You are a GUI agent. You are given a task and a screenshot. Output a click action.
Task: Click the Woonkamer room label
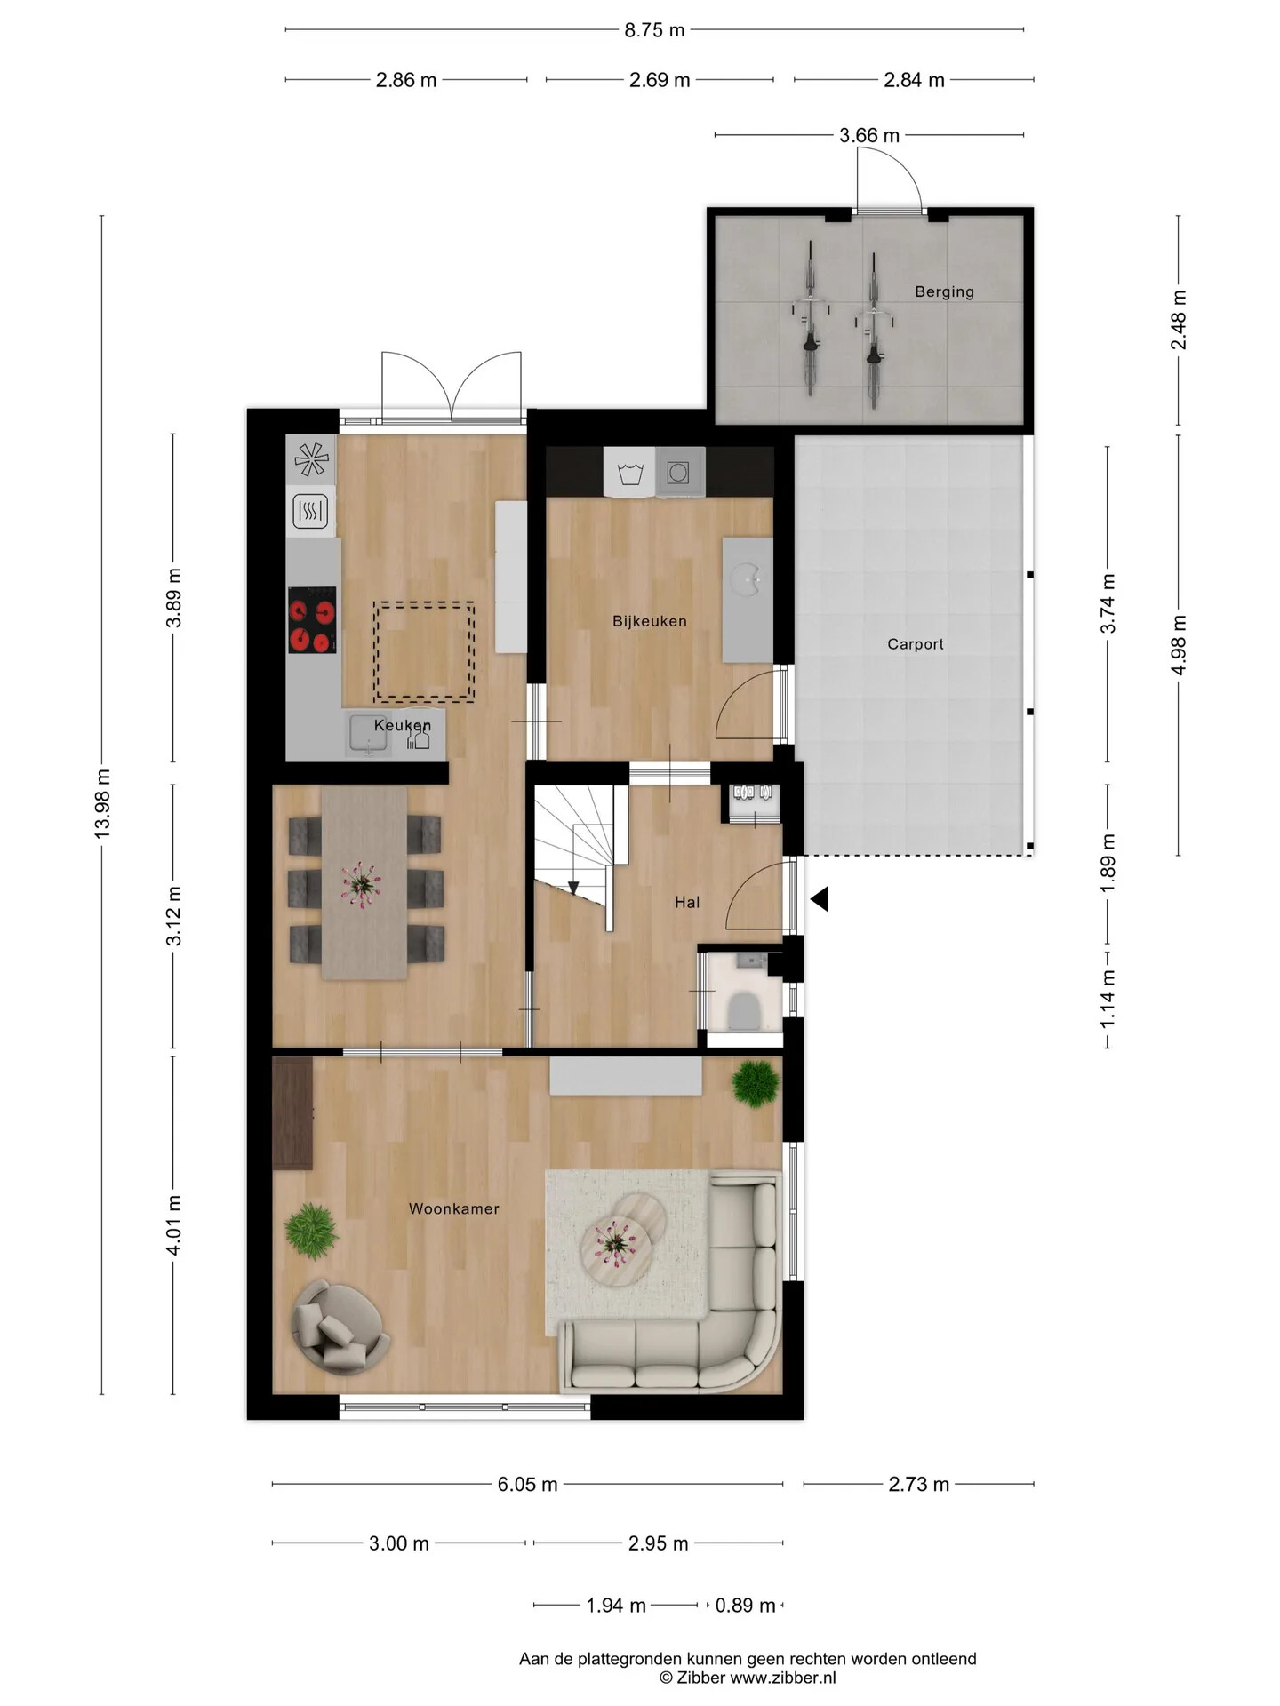coord(453,1208)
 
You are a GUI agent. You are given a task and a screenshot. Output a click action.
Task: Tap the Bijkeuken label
coord(649,621)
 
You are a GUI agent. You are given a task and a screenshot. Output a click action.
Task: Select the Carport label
coord(915,644)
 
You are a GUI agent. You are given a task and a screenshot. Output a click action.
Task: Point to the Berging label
coord(944,291)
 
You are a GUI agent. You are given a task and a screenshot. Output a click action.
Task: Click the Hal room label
coord(687,902)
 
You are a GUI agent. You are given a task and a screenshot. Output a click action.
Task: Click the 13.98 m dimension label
coord(102,804)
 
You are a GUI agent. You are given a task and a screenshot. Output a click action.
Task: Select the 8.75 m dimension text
coord(654,30)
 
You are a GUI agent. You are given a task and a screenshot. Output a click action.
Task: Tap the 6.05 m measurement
coord(527,1484)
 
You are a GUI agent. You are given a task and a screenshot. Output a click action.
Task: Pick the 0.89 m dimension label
coord(745,1605)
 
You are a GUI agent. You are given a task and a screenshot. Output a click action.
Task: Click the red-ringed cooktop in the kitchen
coord(312,619)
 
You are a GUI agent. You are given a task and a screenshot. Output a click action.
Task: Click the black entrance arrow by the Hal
coord(819,899)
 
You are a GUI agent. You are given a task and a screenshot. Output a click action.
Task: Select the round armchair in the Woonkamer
coord(340,1326)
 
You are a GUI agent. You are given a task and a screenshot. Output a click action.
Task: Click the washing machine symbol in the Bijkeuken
coord(630,473)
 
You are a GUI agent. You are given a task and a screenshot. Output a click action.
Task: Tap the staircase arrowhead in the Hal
coord(573,888)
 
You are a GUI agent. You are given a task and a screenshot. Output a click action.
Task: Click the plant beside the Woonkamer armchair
coord(311,1231)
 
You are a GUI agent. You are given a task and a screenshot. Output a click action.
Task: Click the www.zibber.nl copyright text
coord(748,1678)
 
